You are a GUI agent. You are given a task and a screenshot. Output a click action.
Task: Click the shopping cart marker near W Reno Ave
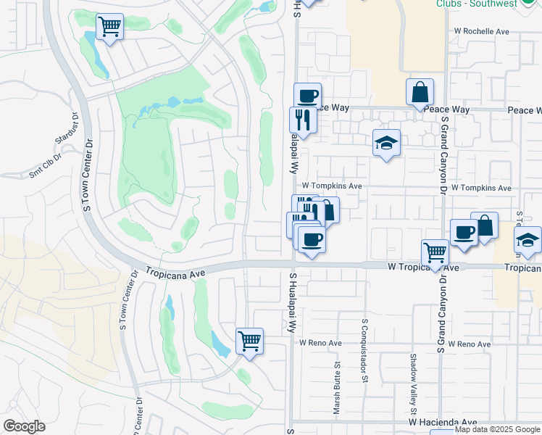(249, 339)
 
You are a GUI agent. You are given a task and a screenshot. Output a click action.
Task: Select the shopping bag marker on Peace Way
(420, 92)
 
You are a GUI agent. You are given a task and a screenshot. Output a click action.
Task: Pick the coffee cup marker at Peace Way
(307, 95)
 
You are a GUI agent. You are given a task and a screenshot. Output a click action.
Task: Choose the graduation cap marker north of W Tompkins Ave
(387, 143)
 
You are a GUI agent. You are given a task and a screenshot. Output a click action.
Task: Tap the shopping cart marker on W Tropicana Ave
(435, 253)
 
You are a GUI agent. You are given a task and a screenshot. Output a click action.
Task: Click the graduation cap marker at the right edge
(528, 241)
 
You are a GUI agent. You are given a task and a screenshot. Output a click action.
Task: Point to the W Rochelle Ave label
(482, 32)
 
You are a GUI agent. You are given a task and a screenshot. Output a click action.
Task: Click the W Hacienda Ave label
(443, 422)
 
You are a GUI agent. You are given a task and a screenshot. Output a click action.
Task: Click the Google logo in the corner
(24, 426)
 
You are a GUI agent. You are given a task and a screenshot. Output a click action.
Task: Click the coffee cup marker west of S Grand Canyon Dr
(464, 233)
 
